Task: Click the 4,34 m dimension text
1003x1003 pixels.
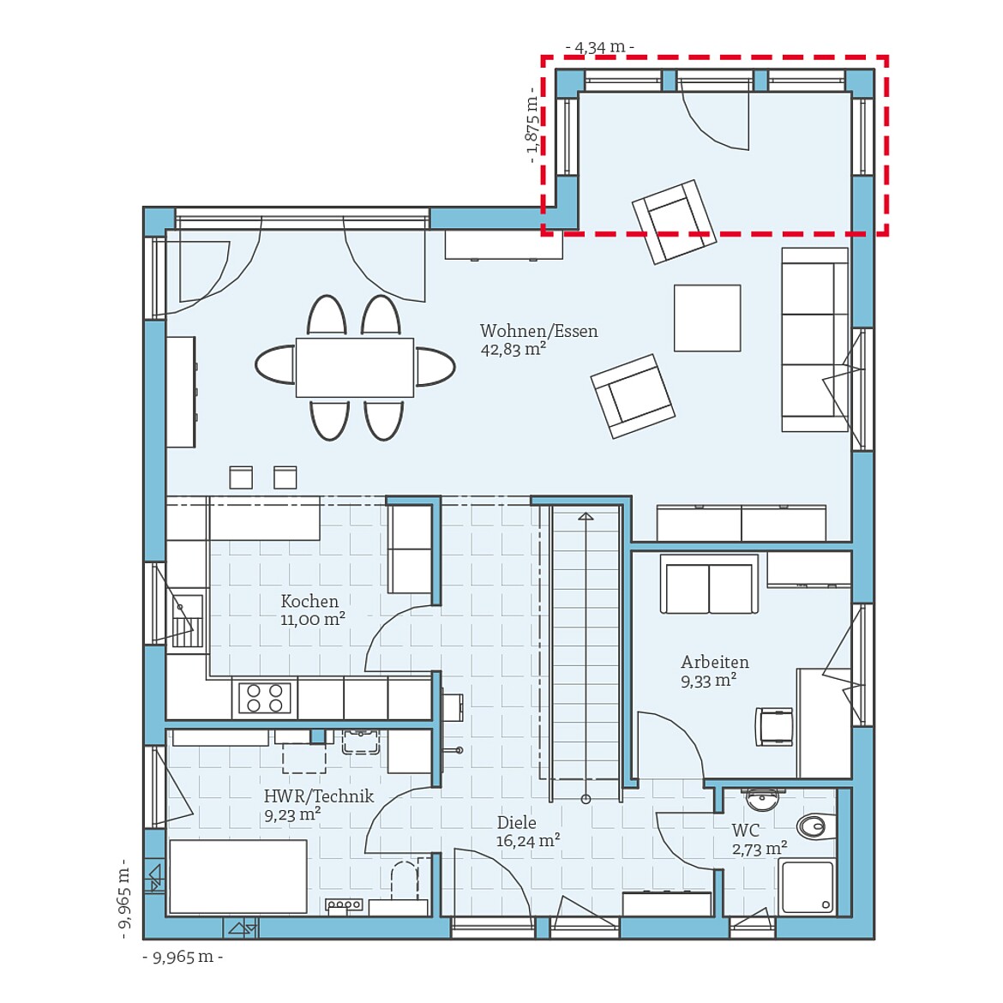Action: pos(600,46)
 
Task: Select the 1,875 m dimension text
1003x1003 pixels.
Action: pos(532,125)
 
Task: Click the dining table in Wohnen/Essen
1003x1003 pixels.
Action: pos(354,367)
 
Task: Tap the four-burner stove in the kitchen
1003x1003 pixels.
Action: pos(265,697)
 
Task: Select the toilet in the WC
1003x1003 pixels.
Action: pos(816,826)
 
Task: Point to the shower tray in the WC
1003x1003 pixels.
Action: pos(807,886)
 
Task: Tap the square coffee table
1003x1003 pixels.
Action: pos(707,318)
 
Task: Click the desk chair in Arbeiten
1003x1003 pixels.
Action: pos(774,727)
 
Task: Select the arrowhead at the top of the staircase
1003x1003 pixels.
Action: pos(586,516)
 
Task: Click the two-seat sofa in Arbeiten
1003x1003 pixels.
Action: pos(709,584)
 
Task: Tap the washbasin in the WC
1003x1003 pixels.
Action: pos(761,798)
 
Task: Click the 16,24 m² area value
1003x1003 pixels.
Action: pos(528,840)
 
